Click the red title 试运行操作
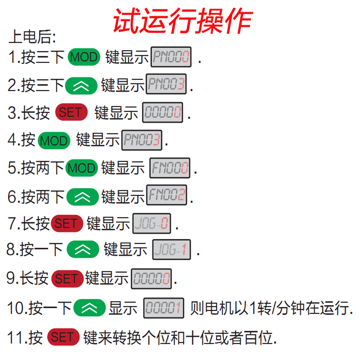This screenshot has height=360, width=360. (x=182, y=20)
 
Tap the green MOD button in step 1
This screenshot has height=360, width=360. (x=84, y=57)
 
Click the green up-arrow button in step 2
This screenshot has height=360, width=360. (x=81, y=85)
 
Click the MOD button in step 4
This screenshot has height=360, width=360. (x=54, y=140)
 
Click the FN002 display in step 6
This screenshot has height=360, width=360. (x=167, y=196)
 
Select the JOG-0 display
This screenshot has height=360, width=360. (x=152, y=224)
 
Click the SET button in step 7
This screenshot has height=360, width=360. (x=67, y=224)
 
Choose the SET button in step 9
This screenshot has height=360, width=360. (x=67, y=279)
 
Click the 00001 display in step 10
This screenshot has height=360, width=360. (x=164, y=308)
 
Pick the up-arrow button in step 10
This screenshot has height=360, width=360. (x=90, y=308)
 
